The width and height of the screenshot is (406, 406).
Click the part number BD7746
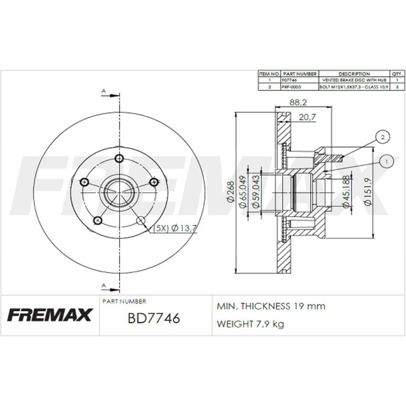(x=153, y=318)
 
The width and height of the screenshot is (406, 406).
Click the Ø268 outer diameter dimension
(x=230, y=192)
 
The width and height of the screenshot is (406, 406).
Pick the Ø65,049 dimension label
(x=243, y=192)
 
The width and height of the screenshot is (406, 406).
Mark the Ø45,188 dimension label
(x=346, y=192)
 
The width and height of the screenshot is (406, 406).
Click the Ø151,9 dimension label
(x=367, y=192)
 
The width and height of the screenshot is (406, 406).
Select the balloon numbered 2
(x=382, y=137)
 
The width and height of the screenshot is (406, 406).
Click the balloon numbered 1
(x=387, y=162)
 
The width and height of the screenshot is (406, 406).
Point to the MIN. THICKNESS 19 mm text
(x=271, y=306)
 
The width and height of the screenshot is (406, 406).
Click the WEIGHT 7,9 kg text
(x=251, y=324)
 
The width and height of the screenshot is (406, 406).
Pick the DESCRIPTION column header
(x=354, y=74)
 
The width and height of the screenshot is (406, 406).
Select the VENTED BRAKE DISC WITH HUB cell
(x=354, y=80)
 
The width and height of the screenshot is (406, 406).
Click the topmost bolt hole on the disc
(x=119, y=158)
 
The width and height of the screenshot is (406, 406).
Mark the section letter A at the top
(x=104, y=92)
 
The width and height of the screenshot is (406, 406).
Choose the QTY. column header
(x=397, y=74)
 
